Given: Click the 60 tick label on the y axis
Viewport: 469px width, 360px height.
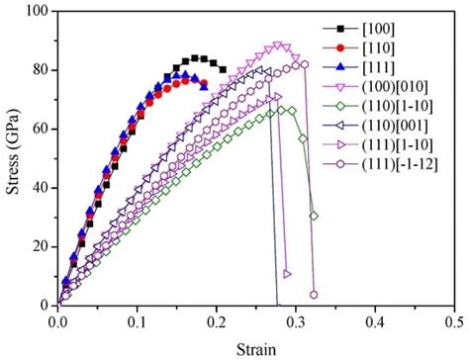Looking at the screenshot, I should [x=41, y=129].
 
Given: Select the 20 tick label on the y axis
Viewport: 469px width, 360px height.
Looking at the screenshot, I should [x=41, y=247].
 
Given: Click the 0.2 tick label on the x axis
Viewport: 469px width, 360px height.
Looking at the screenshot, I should [x=217, y=321].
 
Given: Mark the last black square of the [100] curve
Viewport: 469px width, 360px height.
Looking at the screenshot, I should [x=222, y=70].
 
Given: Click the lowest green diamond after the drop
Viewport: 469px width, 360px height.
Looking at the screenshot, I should [x=314, y=216].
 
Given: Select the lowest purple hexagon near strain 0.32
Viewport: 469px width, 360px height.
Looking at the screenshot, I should [x=314, y=295].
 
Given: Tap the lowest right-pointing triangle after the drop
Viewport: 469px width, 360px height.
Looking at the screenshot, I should [x=287, y=274].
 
